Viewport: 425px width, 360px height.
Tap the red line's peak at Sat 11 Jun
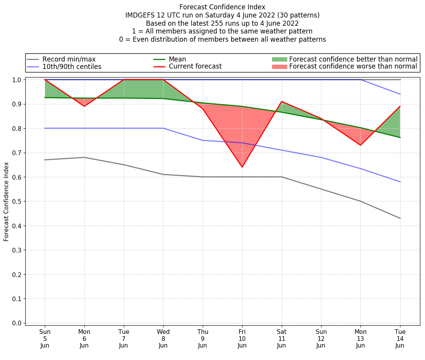[281, 101]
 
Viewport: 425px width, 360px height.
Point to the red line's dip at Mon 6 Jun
[84, 106]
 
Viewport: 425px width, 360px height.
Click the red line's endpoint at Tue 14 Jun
[400, 106]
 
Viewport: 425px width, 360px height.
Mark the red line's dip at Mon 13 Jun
[360, 145]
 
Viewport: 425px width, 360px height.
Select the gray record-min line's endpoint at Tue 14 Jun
[400, 218]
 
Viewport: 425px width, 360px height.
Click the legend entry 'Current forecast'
[195, 67]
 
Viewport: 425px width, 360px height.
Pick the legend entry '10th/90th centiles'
[72, 67]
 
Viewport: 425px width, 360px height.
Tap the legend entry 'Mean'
[177, 59]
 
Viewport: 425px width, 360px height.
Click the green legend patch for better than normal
[279, 59]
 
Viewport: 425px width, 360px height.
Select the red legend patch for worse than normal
[279, 67]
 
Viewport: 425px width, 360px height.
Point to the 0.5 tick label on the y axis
[17, 201]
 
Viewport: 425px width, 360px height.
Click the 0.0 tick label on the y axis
[17, 323]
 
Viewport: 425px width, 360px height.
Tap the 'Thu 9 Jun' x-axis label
[203, 339]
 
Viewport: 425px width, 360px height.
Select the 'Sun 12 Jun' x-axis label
[321, 339]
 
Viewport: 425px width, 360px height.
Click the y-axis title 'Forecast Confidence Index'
[6, 201]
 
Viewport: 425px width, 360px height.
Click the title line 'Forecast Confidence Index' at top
[222, 7]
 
